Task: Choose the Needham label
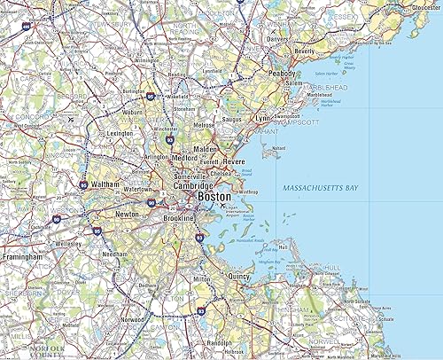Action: (x=115, y=253)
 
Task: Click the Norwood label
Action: (x=135, y=319)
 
